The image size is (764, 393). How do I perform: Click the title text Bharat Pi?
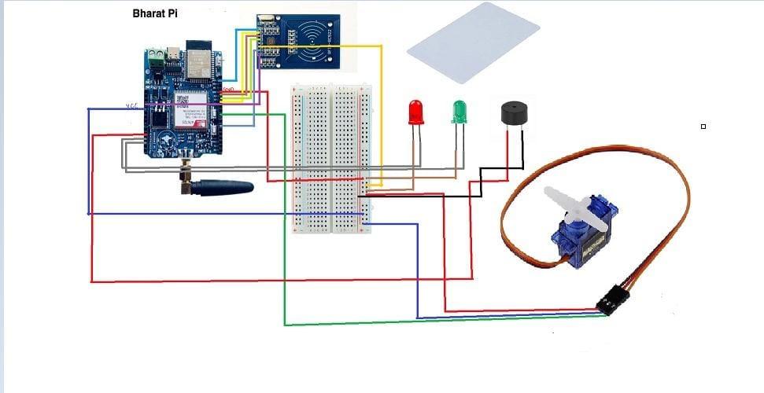[x=153, y=14]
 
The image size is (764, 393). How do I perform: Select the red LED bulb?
[x=415, y=112]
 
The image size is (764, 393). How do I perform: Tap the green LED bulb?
[x=460, y=112]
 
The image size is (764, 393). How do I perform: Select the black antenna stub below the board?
[x=224, y=188]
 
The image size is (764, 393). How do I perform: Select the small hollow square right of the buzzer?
[x=703, y=126]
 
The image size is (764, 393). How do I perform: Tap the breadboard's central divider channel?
[x=331, y=157]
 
